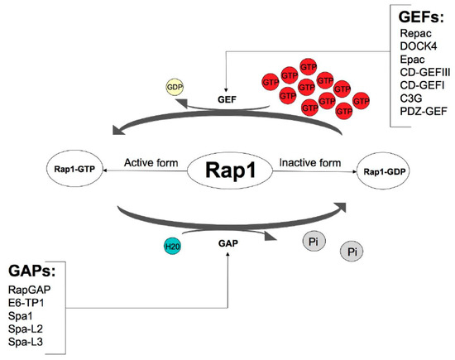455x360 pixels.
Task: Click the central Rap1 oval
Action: [223, 174]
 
